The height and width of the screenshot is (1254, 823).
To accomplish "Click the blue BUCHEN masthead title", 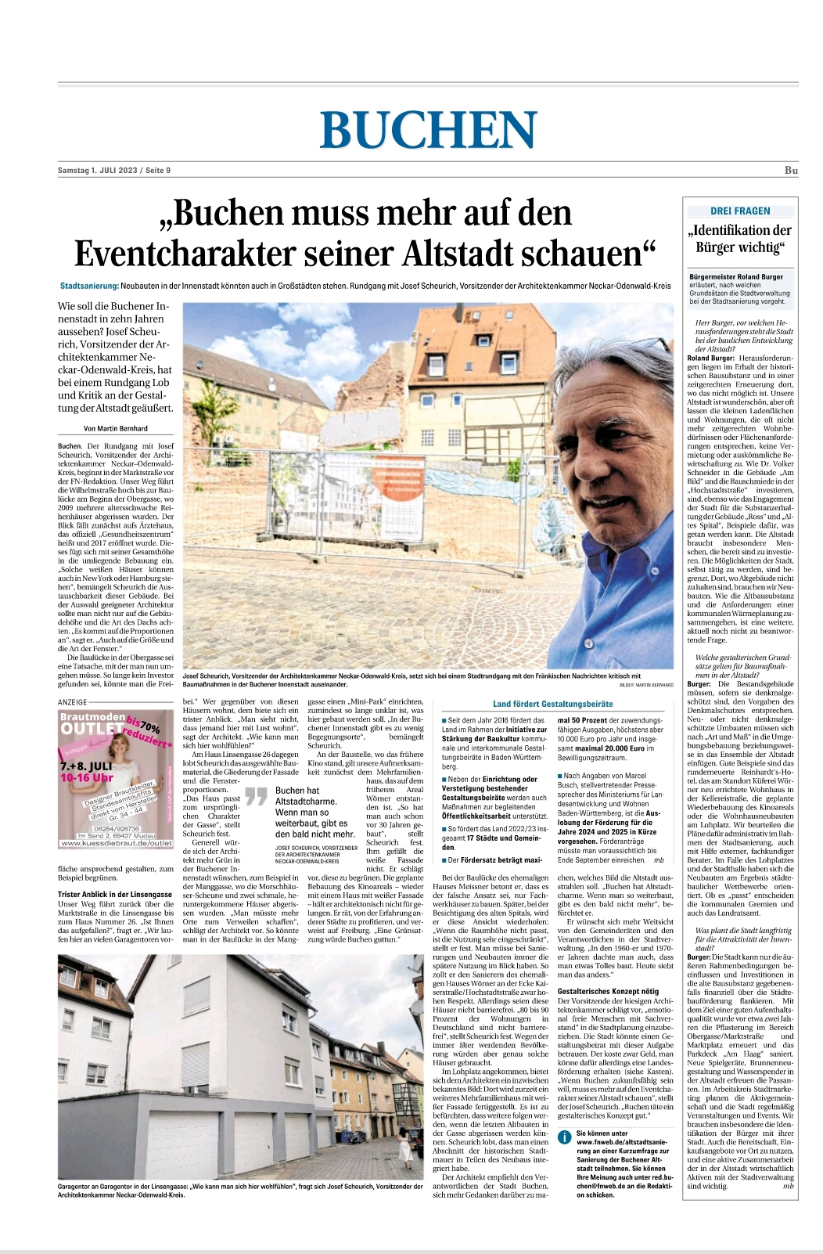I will pyautogui.click(x=428, y=128).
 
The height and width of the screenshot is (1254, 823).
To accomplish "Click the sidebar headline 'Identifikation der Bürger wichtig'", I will pyautogui.click(x=739, y=239).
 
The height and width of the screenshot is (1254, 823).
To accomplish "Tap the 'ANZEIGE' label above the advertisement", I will pyautogui.click(x=73, y=702).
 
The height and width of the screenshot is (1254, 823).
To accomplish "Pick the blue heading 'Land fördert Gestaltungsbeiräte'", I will pyautogui.click(x=552, y=704).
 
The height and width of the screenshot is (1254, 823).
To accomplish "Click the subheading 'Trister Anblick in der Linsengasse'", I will pyautogui.click(x=115, y=894).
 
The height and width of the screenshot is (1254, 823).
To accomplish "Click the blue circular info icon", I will pyautogui.click(x=564, y=1137).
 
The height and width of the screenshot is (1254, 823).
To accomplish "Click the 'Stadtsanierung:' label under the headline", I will pyautogui.click(x=89, y=286).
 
